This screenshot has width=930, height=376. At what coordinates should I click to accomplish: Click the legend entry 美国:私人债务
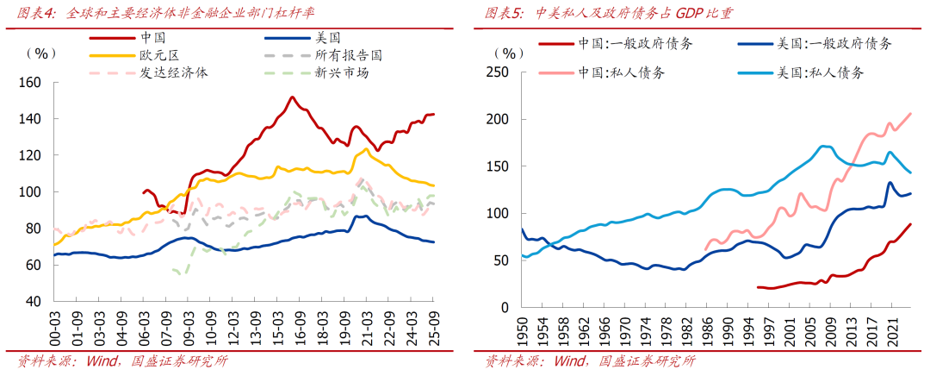point(819,72)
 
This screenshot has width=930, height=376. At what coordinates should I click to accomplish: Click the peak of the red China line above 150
point(292,97)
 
